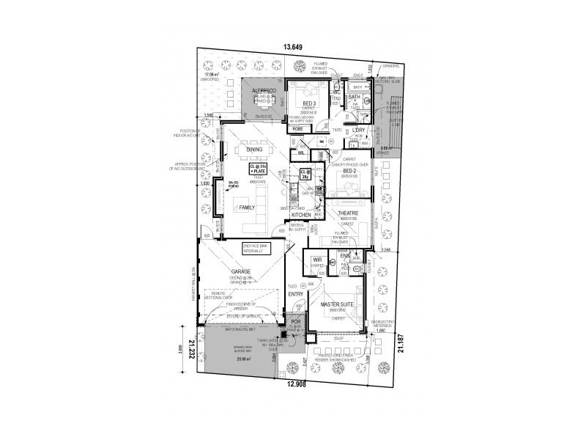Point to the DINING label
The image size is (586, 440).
click(x=254, y=150)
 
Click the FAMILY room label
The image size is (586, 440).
click(x=247, y=208)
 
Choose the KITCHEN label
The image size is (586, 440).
click(x=302, y=214)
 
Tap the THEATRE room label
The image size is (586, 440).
click(x=346, y=213)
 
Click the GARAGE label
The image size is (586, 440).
click(x=241, y=271)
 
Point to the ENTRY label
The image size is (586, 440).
click(x=295, y=294)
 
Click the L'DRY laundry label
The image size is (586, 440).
click(x=358, y=130)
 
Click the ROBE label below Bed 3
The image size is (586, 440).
click(x=298, y=129)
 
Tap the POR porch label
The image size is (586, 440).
click(x=296, y=322)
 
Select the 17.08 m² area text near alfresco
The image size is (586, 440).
click(x=213, y=74)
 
